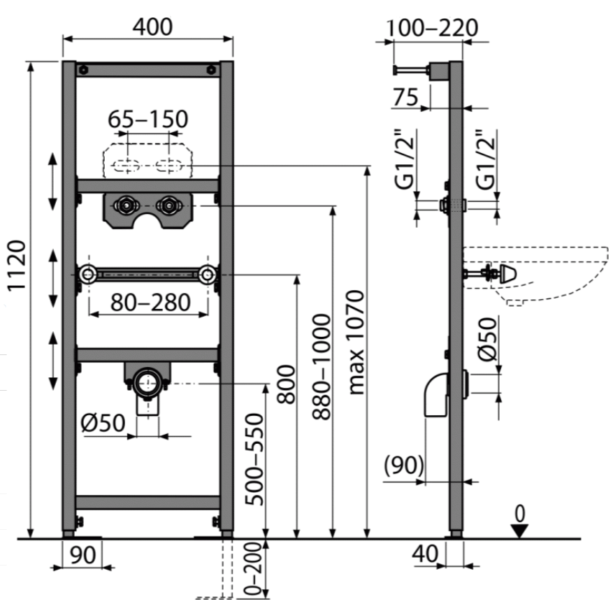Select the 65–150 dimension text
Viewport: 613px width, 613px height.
click(x=148, y=120)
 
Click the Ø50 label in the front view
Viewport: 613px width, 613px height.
click(x=103, y=423)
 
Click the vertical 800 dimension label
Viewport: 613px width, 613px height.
click(x=285, y=384)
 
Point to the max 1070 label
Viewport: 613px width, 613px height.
click(x=357, y=342)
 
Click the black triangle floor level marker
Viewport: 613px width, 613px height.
click(x=518, y=531)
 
